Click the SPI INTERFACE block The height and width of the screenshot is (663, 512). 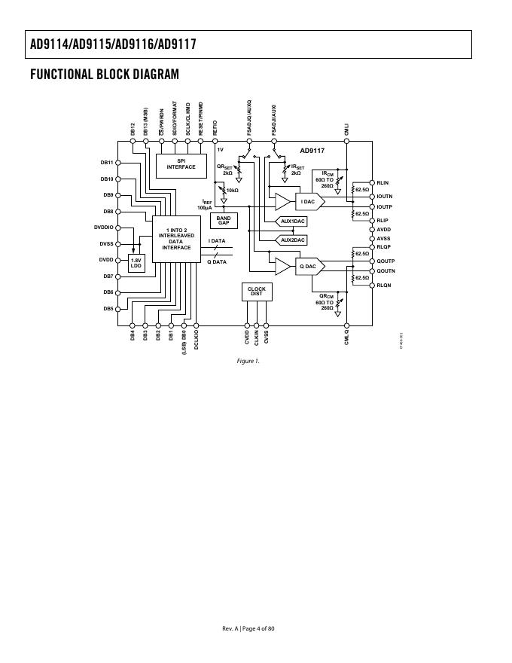point(181,164)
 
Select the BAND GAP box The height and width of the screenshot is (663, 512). point(224,221)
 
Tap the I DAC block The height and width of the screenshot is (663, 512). point(308,201)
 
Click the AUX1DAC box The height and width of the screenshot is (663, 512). point(293,222)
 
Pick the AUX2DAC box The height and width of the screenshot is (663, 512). point(293,240)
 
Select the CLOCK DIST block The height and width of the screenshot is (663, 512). point(257,292)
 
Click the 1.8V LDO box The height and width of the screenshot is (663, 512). point(136,264)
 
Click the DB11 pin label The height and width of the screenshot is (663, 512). point(107,162)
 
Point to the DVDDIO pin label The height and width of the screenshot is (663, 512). point(104,227)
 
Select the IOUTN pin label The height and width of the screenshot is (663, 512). point(385,196)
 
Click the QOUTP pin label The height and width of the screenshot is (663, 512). point(386,261)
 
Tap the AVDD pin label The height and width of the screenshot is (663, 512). point(384,229)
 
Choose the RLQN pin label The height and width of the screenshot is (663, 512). point(384,285)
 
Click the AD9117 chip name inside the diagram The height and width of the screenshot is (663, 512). point(312,151)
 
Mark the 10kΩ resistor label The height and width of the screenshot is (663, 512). point(232,191)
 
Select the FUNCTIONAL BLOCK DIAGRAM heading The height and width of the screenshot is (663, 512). point(105,74)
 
